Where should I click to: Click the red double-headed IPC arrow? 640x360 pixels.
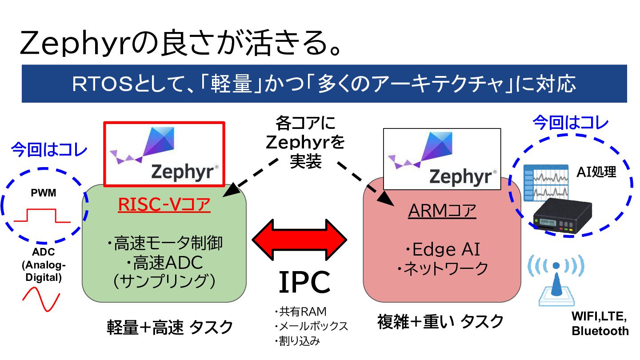299,240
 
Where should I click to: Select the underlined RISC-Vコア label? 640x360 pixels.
164,205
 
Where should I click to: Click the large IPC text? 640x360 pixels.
304,283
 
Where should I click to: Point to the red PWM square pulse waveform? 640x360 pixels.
42,216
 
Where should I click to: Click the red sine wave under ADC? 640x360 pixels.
41,299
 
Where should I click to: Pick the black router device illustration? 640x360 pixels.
562,216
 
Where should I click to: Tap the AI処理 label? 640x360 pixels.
596,172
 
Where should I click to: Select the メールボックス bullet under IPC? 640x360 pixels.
311,327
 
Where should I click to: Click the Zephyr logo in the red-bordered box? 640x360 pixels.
164,153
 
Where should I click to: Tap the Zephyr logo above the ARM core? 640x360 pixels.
442,159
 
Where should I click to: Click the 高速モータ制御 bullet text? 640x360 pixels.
164,244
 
